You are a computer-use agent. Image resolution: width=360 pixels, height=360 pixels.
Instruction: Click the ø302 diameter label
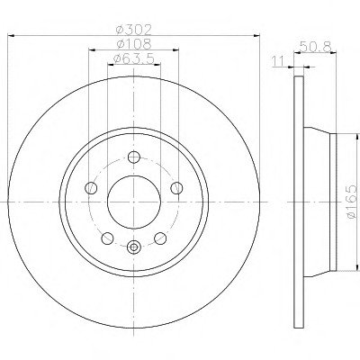click(134, 30)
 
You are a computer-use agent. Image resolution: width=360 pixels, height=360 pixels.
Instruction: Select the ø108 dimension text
click(134, 44)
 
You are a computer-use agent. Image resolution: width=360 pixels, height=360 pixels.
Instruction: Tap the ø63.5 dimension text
click(134, 58)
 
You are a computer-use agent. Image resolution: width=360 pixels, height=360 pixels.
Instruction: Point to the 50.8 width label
click(316, 47)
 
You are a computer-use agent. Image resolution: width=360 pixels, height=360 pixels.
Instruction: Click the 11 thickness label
click(278, 61)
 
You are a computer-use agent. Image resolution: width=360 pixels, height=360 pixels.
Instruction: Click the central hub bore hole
click(134, 202)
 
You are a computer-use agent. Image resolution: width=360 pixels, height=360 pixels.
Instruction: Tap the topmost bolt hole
click(134, 157)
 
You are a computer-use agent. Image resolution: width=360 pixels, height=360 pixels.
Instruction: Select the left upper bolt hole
click(91, 188)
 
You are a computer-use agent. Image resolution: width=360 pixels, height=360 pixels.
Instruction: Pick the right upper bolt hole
click(176, 188)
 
